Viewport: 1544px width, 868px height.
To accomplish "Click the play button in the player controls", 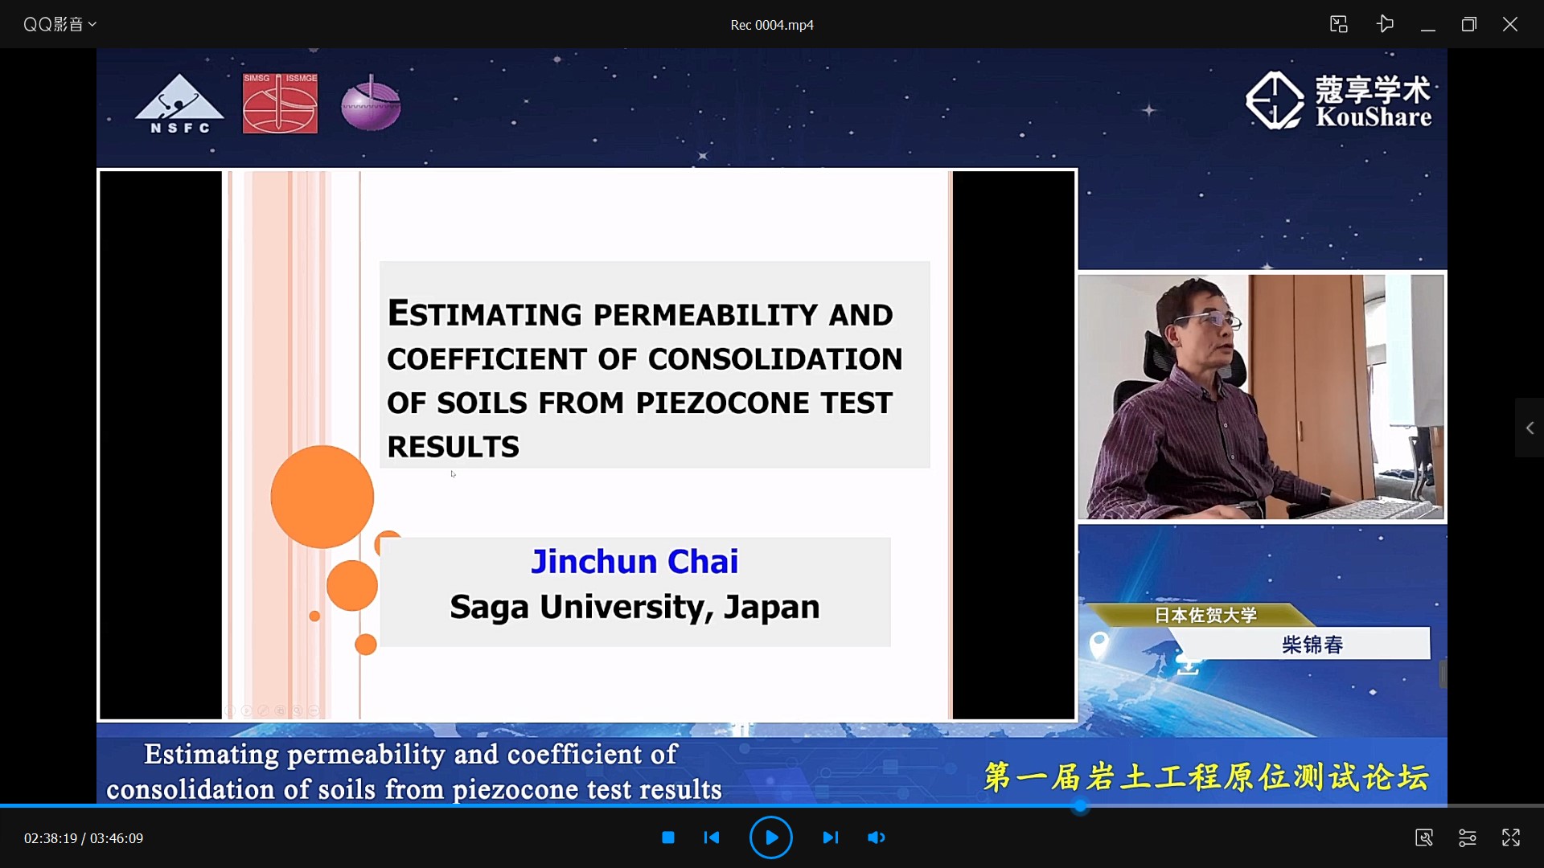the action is (770, 837).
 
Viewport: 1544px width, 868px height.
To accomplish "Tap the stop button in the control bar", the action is (668, 837).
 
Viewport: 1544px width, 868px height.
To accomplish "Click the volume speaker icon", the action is (876, 837).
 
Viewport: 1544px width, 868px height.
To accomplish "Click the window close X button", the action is (1510, 24).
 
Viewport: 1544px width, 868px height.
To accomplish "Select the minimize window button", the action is (1428, 25).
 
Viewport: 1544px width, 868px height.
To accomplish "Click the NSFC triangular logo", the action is (179, 104).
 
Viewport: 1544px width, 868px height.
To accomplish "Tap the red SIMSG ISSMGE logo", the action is (280, 103).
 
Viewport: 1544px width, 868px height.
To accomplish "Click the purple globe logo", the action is (371, 104).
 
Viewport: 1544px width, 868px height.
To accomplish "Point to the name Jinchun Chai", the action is (634, 561).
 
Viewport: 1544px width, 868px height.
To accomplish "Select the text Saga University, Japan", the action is (634, 607).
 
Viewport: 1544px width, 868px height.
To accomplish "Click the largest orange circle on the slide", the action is (322, 497).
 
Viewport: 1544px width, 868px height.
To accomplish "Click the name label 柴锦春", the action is (1312, 645).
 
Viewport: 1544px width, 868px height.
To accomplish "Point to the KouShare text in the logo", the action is (1374, 117).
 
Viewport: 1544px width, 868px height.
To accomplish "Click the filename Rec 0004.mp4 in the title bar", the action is (772, 25).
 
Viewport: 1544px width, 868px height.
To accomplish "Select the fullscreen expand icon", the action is (1511, 837).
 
